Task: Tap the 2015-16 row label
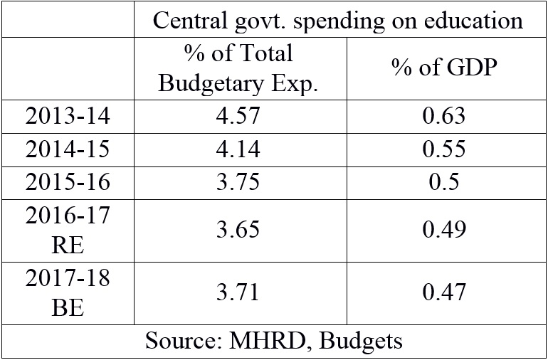[68, 182]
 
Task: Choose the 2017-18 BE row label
[68, 292]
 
